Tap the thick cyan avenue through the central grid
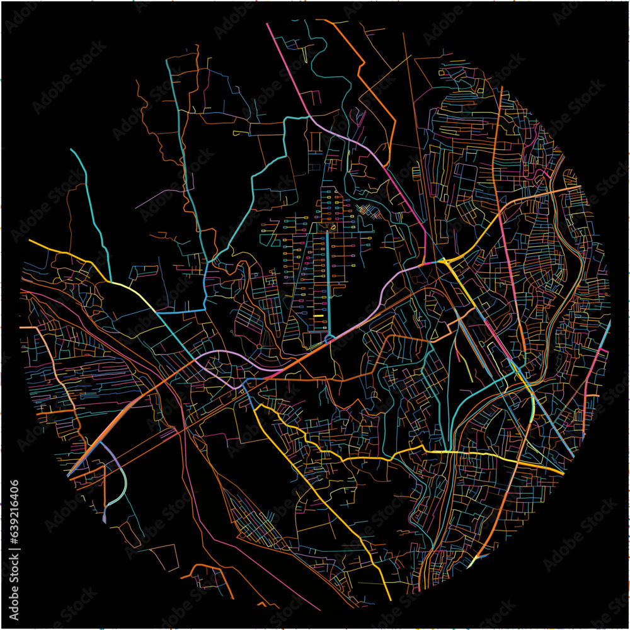click(x=328, y=283)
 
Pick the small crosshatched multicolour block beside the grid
click(x=367, y=211)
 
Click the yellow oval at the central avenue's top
click(x=327, y=227)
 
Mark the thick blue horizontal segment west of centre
click(x=180, y=311)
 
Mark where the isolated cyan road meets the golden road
click(x=111, y=281)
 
